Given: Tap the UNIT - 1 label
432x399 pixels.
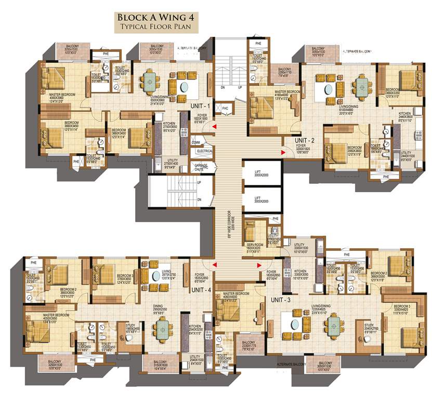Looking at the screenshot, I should (x=200, y=106).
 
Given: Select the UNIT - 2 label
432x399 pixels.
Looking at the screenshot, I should (x=305, y=141).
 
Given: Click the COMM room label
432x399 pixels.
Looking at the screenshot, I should (x=196, y=141).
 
